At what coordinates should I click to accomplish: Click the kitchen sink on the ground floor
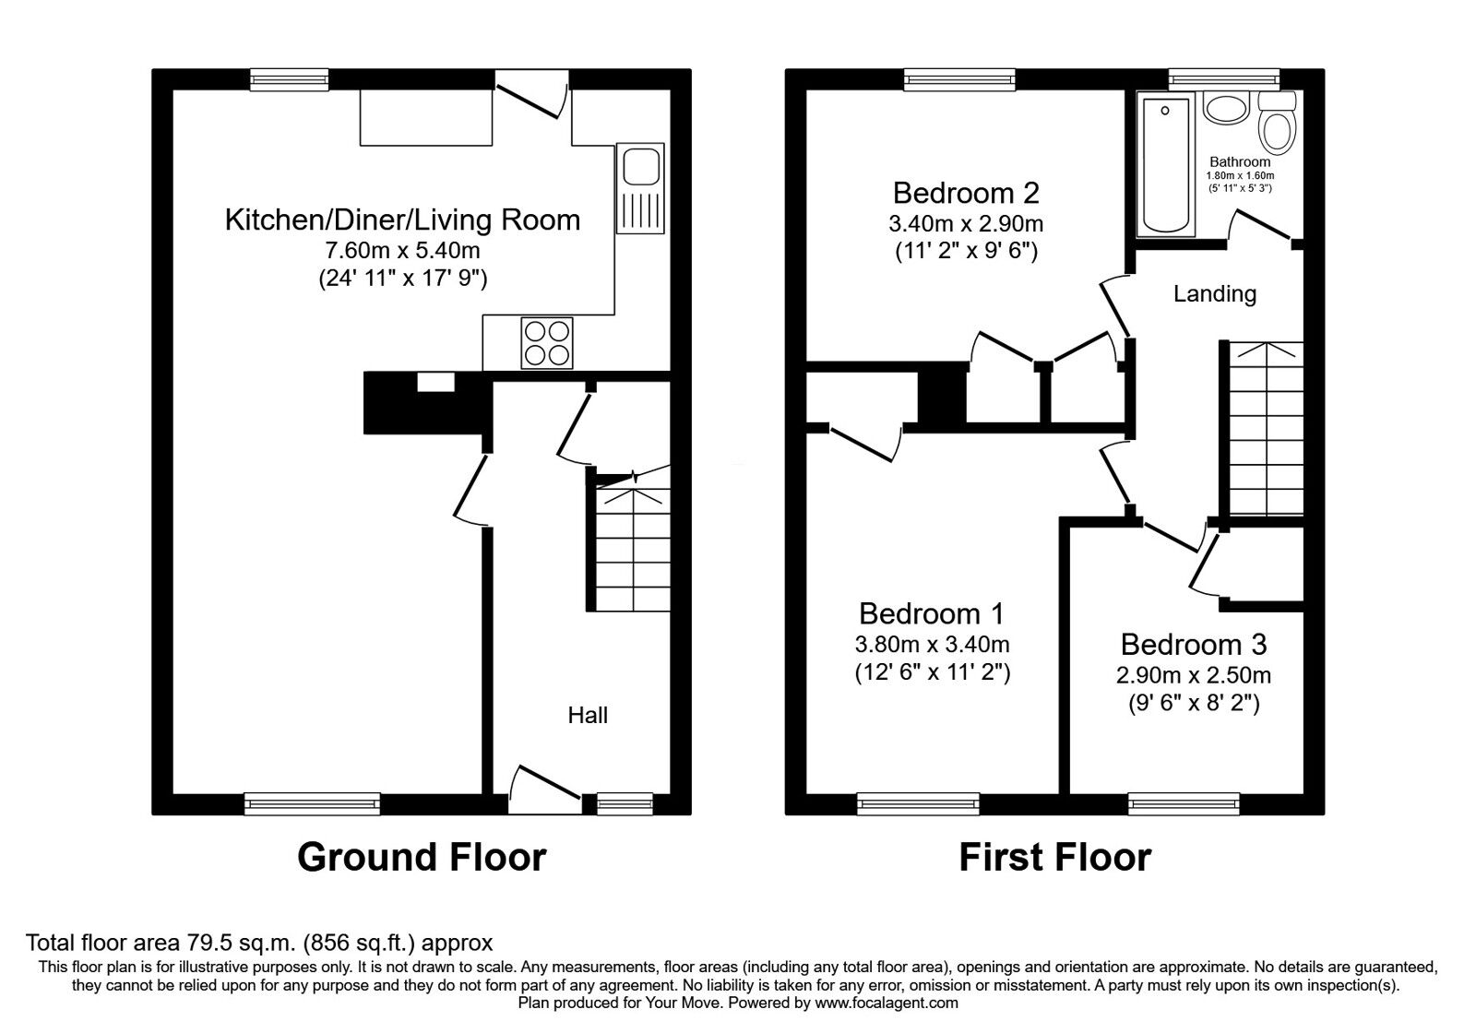[640, 188]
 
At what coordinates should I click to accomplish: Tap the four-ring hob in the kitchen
[547, 343]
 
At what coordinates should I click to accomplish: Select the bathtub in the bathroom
[1166, 165]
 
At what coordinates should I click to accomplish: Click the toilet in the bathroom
[1278, 122]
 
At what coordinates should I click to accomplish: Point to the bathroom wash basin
[1226, 107]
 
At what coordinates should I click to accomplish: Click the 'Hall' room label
[588, 716]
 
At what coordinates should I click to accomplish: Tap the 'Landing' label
[1215, 294]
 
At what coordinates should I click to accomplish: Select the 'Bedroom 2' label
[966, 193]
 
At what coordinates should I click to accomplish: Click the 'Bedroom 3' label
[1194, 645]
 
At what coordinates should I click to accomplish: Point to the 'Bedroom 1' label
[932, 614]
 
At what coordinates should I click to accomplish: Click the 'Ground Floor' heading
[422, 858]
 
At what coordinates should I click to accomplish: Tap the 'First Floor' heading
[1055, 858]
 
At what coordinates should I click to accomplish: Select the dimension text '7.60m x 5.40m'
[402, 251]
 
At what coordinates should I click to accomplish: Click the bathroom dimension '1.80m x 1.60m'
[1240, 176]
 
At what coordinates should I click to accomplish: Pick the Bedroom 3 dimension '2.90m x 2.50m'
[1194, 675]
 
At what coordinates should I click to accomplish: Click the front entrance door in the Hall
[545, 790]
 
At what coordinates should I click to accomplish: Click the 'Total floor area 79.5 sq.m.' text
[161, 943]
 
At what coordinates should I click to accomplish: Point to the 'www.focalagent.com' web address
[887, 1003]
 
